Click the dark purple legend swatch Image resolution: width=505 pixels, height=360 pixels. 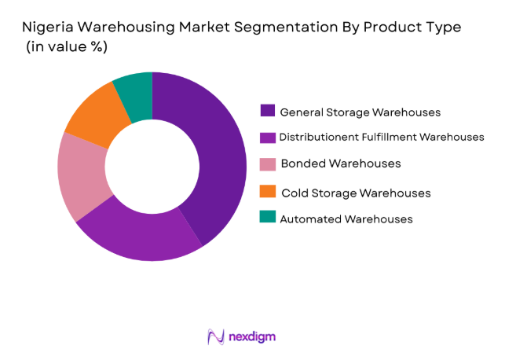coord(268,111)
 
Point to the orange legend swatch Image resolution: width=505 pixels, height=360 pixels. coord(268,192)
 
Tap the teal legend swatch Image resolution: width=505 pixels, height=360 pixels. coord(268,218)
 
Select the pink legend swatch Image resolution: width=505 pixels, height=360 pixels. coord(268,163)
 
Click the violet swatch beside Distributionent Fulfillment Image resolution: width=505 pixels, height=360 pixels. coord(268,137)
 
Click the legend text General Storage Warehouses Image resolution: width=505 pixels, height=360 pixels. coord(360,112)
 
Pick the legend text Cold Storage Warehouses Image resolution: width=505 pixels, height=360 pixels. coord(355,193)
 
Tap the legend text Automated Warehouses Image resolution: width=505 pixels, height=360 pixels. coord(346,219)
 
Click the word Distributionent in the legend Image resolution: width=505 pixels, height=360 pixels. coord(318,138)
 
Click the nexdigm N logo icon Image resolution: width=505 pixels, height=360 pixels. coord(215,336)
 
